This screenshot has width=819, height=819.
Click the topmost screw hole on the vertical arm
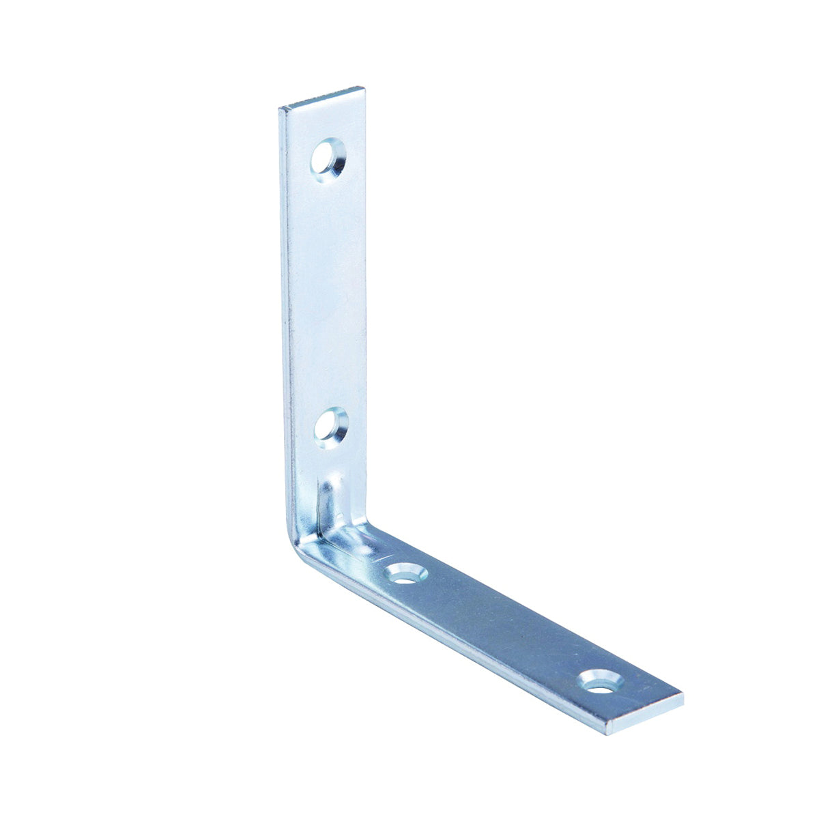coord(328,158)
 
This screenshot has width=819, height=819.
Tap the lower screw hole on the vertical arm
coord(332,427)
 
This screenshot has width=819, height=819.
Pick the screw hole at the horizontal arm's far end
coord(601,680)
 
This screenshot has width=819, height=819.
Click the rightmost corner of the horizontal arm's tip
coord(682,697)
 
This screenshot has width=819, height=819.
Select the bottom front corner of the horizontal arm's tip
coord(606,733)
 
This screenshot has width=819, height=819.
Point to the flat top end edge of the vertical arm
coord(321,98)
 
